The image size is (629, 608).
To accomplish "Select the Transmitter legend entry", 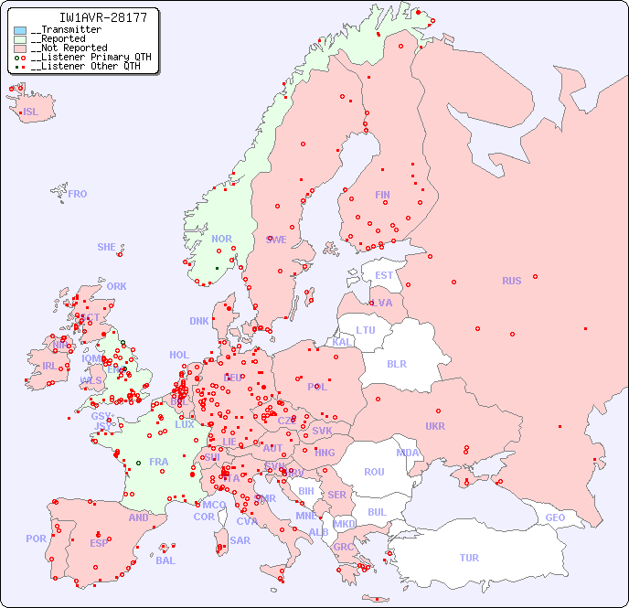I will point(66,30).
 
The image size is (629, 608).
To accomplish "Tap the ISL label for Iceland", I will point(31,112).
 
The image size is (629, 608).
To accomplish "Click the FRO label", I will point(78,194).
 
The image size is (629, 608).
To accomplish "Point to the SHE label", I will point(106,247).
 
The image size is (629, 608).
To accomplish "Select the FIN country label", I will point(382,195).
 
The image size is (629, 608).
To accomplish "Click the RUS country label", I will point(511,281).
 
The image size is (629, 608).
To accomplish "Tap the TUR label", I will point(469,558).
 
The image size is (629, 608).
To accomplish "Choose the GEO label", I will point(555,517).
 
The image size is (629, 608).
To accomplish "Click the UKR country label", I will point(435,426).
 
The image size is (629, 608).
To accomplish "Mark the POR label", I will point(36,539).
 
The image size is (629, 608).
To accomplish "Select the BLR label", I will point(396,363).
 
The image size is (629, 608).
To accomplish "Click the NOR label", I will point(221,239).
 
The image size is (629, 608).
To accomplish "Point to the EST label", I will point(384,275).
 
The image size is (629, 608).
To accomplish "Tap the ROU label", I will point(374,472).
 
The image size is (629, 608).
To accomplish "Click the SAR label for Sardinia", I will point(240,540).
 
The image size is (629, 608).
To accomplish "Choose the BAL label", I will point(165,560).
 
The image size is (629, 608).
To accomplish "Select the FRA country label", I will point(159,462).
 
